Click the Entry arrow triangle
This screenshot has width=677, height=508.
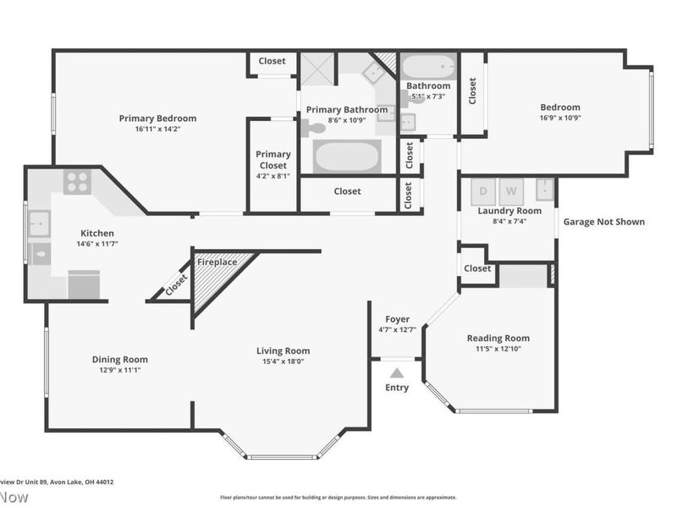tap(396, 372)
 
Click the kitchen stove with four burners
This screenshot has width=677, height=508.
tap(77, 182)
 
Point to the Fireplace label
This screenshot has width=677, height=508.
tap(217, 262)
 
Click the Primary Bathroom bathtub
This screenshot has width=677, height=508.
tap(346, 157)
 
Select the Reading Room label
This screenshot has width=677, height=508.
tap(498, 339)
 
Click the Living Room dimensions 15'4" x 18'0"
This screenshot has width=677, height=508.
tap(283, 362)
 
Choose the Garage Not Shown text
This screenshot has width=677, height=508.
tap(604, 222)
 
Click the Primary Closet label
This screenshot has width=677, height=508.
tap(272, 160)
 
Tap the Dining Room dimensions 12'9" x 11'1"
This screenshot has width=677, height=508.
tap(119, 370)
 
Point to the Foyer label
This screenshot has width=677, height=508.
tap(397, 319)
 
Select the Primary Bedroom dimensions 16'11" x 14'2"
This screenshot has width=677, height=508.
tap(157, 130)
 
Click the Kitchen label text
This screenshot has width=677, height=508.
tap(96, 234)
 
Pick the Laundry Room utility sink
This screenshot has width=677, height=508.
tap(546, 188)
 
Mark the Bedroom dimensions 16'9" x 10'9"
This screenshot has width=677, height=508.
tap(560, 119)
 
